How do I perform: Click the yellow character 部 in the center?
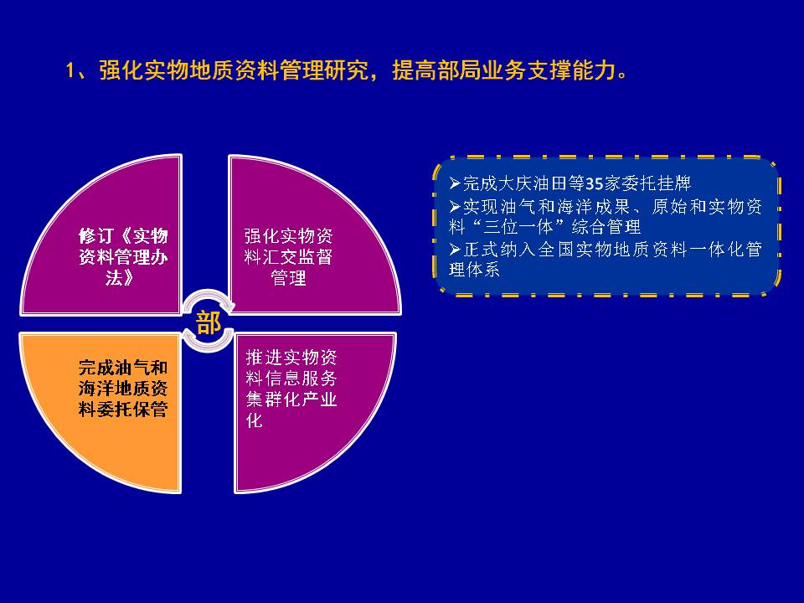(209, 323)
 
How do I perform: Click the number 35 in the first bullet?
(594, 183)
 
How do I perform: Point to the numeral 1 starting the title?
(70, 70)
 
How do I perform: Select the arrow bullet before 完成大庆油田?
(455, 183)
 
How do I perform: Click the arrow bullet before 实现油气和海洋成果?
(455, 206)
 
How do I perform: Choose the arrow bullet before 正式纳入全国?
(455, 250)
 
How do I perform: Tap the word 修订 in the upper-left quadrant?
(95, 236)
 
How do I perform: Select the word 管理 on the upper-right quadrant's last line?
(288, 278)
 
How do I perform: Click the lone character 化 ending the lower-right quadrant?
(255, 420)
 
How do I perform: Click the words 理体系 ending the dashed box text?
(474, 269)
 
